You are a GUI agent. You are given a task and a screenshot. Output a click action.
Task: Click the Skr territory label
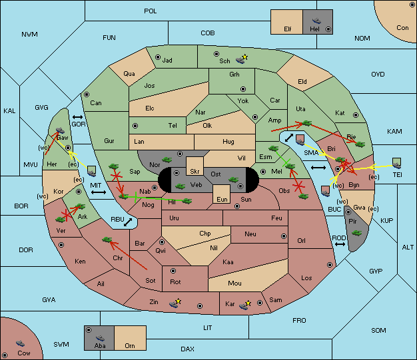point(195,172)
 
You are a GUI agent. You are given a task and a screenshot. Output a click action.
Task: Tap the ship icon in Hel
point(316,21)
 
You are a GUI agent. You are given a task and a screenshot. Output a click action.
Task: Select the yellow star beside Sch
point(245,57)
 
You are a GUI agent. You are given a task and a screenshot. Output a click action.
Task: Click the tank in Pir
point(356,233)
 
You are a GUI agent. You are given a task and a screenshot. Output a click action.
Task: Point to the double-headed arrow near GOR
point(77,117)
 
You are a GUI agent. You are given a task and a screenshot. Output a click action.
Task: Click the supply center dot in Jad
point(158,57)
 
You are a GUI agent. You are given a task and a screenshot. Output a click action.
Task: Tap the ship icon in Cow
point(20,343)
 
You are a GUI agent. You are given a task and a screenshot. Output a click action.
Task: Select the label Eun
point(222,199)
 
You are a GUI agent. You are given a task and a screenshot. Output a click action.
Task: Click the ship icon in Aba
point(100,338)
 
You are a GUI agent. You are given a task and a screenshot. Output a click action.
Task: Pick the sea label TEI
point(397,175)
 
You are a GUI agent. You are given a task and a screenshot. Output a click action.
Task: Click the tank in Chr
point(107,240)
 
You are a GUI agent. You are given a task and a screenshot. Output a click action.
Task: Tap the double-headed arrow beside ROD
point(340,244)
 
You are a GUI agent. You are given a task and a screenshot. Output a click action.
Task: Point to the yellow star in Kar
point(248,303)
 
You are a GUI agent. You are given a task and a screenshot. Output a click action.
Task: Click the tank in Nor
point(167,160)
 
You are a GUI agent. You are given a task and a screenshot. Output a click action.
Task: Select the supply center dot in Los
point(330,265)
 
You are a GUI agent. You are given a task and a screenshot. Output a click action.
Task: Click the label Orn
point(130,345)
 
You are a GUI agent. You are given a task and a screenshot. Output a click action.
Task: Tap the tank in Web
point(181,186)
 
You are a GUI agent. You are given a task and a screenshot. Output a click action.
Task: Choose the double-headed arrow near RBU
point(128,222)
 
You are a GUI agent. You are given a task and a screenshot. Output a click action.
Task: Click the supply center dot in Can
point(87,94)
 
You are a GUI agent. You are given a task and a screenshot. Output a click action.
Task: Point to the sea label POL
point(151,11)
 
